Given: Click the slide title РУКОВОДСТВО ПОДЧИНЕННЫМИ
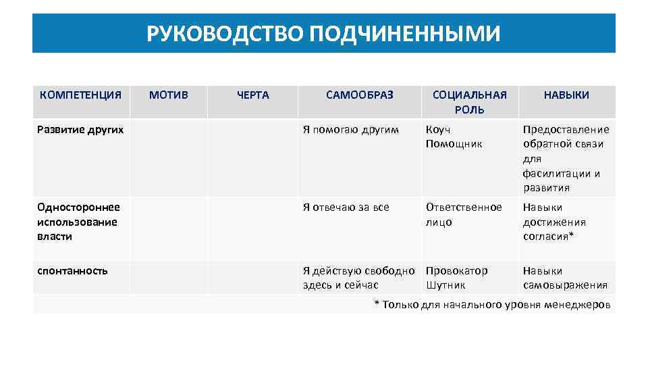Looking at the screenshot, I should coord(324,33).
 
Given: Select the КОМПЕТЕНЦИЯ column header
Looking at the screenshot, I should coord(80,95).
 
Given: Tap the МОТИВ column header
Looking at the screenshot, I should coord(169,95).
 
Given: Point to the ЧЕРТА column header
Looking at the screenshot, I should coord(253,95).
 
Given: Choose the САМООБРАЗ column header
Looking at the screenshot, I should coord(359,95).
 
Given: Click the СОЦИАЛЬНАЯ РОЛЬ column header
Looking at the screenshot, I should coord(469,102).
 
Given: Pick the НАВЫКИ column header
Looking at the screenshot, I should coord(566,95).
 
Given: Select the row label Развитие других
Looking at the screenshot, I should coord(80,129).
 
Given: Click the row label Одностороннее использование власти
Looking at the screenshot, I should coord(78,222).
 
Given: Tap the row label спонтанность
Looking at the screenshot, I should coord(73,270).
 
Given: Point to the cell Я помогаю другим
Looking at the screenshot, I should coord(350,129).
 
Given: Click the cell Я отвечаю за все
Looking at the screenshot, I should coord(346,207).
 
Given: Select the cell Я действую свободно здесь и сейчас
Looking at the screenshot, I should coord(358,278).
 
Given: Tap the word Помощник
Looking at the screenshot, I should coord(454,144).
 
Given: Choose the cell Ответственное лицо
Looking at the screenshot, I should coord(464,214).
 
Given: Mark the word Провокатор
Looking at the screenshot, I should coord(456,270).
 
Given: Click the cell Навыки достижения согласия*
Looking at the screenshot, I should coord(554,222).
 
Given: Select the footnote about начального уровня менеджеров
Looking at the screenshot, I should coord(492,305).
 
